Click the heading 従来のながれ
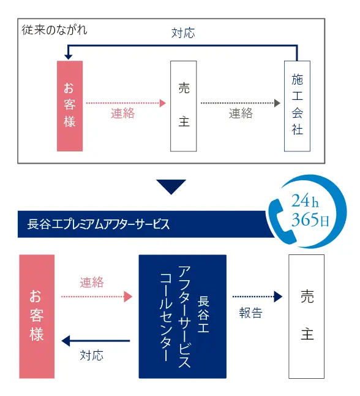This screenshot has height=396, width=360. (x=54, y=30)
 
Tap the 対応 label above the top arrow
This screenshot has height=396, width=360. (x=183, y=33)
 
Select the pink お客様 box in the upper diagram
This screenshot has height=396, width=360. (x=70, y=106)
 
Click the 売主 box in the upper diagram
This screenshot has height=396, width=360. (x=184, y=106)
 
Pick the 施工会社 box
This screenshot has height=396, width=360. (x=297, y=106)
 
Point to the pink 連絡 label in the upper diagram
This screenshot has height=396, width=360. (x=123, y=113)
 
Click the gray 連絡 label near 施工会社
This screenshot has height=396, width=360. (x=241, y=113)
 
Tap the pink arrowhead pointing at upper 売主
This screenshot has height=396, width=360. (x=163, y=103)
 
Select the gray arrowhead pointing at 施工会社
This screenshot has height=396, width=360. (x=277, y=103)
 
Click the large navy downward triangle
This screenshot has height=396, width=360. (x=171, y=186)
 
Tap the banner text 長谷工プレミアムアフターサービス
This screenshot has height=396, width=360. (x=99, y=224)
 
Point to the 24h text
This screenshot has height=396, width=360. (x=305, y=201)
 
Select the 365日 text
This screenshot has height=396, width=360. (x=310, y=219)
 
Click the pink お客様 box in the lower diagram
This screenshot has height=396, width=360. (x=37, y=316)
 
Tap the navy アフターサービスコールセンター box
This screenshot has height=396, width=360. (x=182, y=316)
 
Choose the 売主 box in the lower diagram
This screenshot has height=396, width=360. (x=307, y=316)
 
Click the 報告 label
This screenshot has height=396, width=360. (x=251, y=313)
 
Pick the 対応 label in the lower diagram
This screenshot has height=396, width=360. (x=92, y=356)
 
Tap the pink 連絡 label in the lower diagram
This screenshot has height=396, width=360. (x=92, y=282)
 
